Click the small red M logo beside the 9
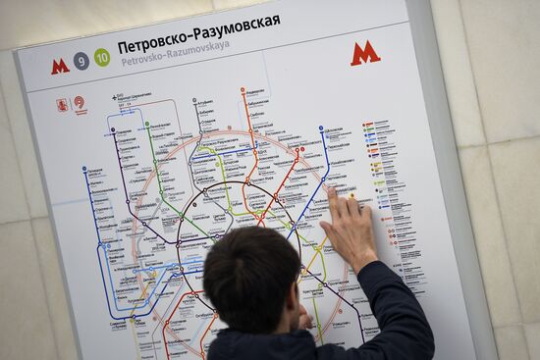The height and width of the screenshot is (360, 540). click(60, 66)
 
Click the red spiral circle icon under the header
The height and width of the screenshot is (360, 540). click(80, 101)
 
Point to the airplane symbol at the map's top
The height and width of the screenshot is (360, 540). click(117, 96)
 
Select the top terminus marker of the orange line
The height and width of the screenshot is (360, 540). click(243, 91)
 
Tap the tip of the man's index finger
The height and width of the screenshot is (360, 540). click(332, 191)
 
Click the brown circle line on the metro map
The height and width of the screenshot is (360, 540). click(196, 196)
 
